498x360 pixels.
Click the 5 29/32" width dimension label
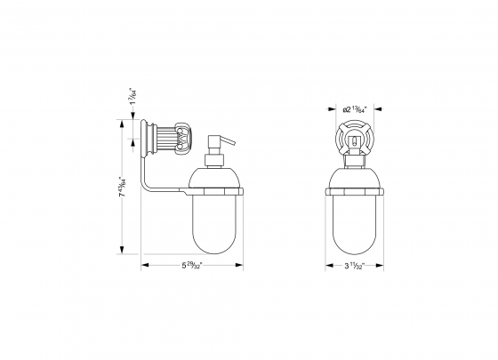point(192,264)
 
